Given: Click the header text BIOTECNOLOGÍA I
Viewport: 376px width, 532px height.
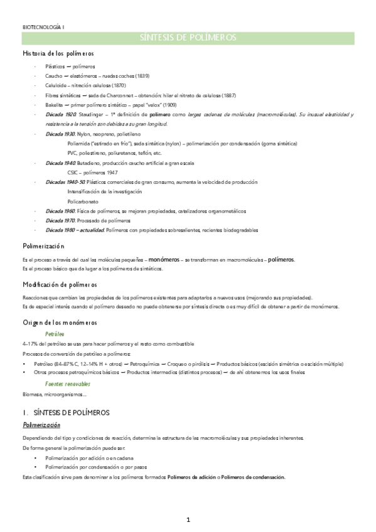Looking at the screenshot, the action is point(43,28).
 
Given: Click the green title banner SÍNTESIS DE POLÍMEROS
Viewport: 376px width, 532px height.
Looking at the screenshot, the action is point(188,39).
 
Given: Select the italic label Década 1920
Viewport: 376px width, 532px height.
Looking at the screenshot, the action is point(60,115).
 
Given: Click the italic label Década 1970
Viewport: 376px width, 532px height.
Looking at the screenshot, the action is point(60,220).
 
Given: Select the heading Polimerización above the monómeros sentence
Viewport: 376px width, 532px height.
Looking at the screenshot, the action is point(43,247).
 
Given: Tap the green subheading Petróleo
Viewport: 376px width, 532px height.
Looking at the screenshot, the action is point(55,334).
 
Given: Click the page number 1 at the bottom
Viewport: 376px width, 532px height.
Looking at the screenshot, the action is point(188,519).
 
